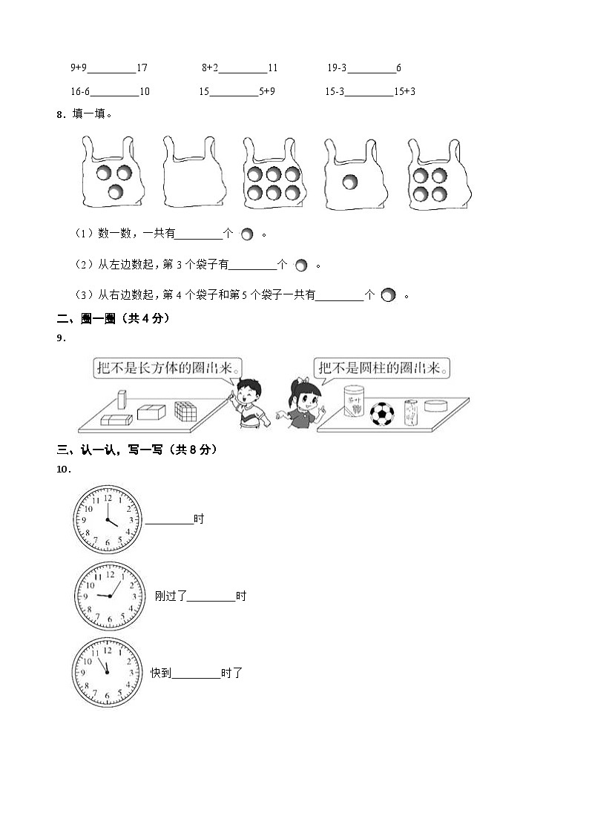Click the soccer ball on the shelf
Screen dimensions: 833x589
[381, 414]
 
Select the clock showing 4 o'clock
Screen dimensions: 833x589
[108, 519]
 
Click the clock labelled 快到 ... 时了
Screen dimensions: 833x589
[108, 672]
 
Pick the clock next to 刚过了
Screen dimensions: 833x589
[108, 596]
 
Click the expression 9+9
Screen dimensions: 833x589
[79, 68]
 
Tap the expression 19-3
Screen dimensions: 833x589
[337, 68]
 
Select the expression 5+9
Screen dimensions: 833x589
[267, 92]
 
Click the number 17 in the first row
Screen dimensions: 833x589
[142, 68]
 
